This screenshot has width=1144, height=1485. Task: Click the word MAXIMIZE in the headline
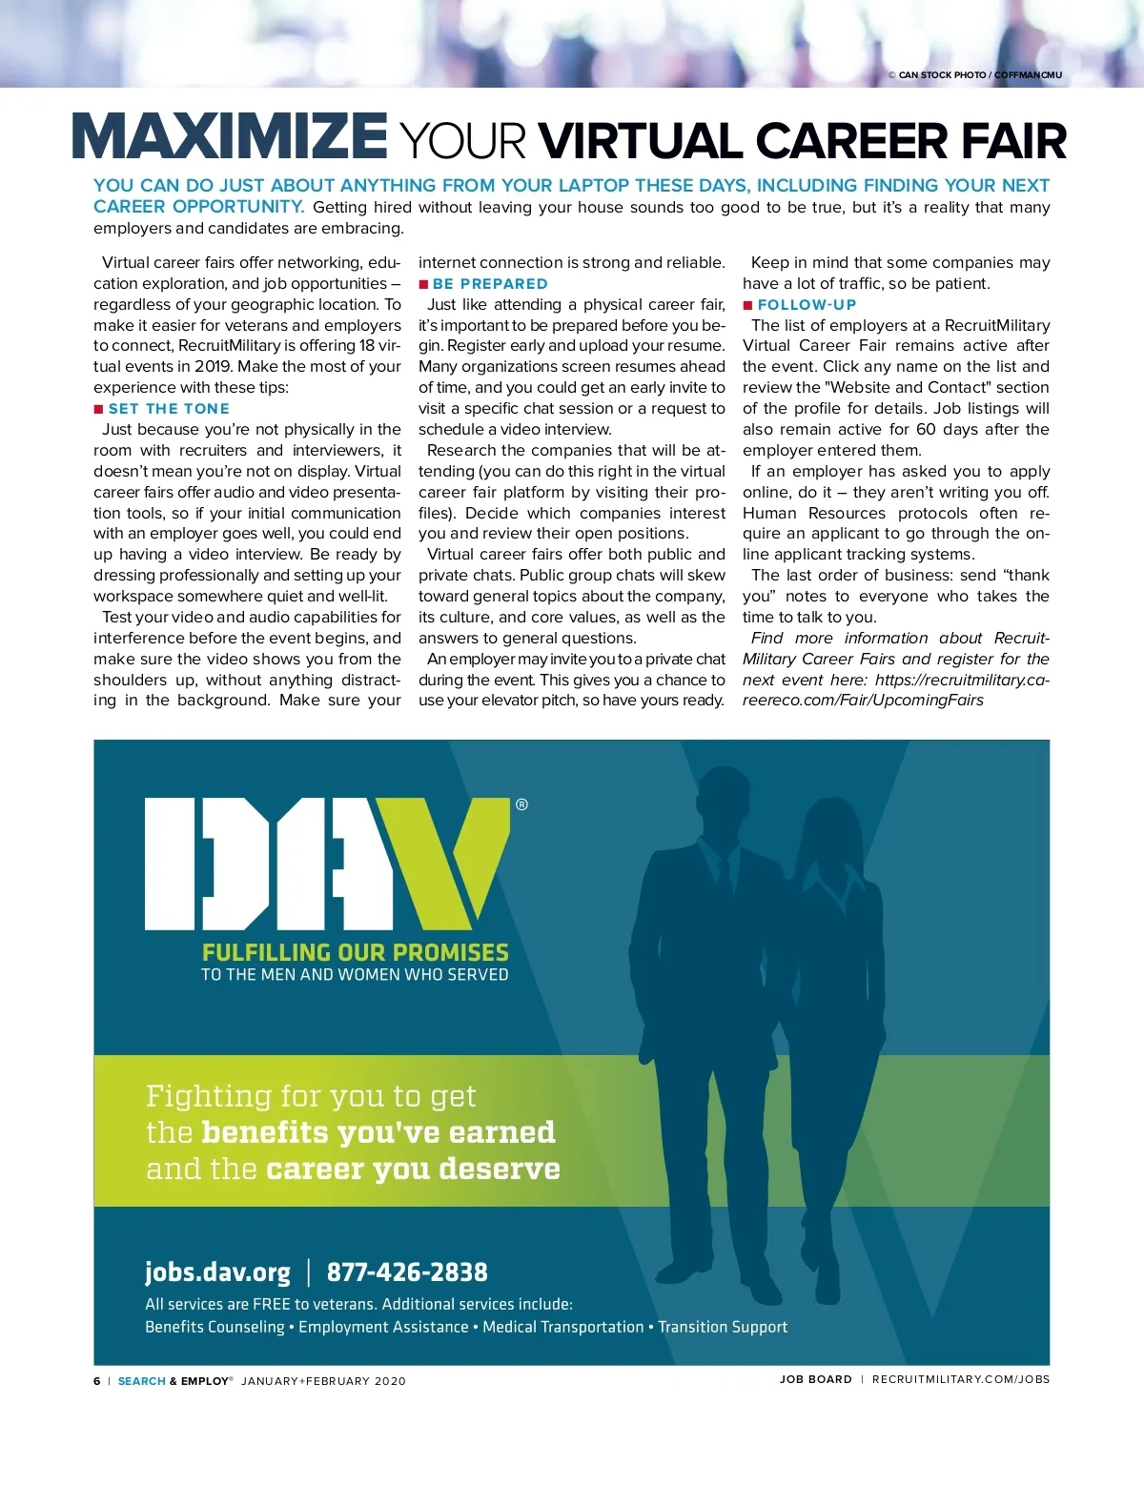230,137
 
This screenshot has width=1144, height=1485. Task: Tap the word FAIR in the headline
1013,141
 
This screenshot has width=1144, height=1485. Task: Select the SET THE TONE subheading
169,409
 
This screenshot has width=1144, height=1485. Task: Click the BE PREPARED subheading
490,284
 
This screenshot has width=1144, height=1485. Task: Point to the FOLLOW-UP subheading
807,305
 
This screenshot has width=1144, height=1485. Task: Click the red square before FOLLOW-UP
748,305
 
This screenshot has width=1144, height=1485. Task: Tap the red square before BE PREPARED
423,284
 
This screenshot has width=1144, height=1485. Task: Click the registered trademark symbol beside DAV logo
521,804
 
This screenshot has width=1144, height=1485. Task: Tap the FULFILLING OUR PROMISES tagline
355,952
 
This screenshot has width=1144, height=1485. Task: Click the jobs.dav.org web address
217,1272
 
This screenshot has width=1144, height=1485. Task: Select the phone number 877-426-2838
407,1272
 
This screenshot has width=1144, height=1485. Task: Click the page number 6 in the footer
96,1381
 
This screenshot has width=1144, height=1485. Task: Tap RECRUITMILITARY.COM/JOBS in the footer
960,1379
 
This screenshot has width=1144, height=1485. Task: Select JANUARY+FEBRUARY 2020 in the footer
323,1381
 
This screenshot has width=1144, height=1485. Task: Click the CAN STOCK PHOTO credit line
974,75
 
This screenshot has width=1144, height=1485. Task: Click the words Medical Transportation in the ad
562,1327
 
